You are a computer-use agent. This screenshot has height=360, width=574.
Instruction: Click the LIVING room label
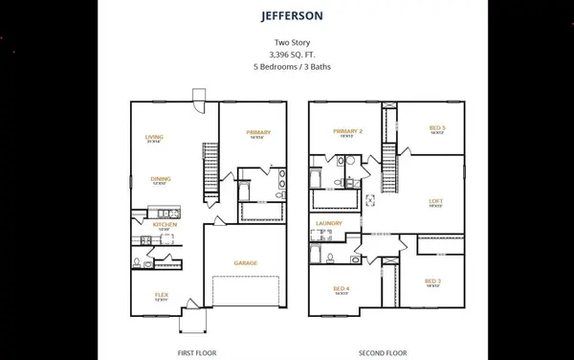[154, 137]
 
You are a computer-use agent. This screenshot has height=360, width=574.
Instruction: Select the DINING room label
[160, 177]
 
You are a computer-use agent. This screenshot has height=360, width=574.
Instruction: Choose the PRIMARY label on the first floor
[257, 132]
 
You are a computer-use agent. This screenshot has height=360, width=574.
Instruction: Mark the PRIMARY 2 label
[346, 131]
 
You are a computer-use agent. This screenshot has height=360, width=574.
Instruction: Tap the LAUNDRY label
[329, 223]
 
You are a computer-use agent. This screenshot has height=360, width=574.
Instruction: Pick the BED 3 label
[432, 281]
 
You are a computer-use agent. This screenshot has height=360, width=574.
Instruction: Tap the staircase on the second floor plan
[388, 168]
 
